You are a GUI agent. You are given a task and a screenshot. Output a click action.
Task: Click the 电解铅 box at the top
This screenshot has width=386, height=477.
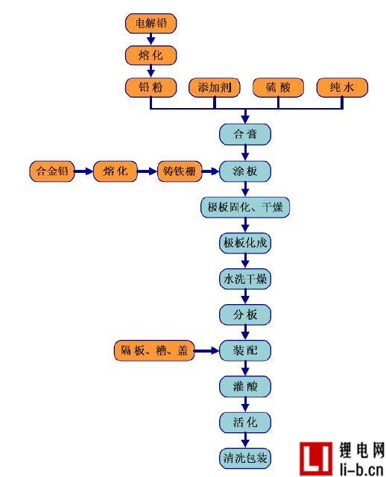pyautogui.click(x=151, y=23)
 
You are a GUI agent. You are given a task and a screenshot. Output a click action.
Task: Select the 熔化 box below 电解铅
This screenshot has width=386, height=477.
pyautogui.click(x=151, y=55)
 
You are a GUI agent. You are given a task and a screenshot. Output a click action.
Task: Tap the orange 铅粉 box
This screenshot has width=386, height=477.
pyautogui.click(x=151, y=88)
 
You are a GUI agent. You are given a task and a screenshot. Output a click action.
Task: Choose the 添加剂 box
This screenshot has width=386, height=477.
pyautogui.click(x=215, y=88)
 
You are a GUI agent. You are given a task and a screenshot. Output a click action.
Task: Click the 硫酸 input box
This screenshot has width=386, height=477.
pyautogui.click(x=278, y=88)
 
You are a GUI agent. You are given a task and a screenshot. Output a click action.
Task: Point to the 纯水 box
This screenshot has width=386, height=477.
pyautogui.click(x=342, y=88)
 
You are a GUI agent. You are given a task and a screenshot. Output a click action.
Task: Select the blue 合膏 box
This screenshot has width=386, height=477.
pyautogui.click(x=245, y=134)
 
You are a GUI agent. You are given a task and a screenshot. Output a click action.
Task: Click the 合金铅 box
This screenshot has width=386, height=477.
pyautogui.click(x=52, y=171)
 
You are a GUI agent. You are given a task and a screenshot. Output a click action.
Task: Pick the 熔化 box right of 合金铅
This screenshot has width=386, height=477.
pyautogui.click(x=116, y=171)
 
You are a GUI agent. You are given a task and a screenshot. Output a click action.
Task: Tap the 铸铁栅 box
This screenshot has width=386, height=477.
pyautogui.click(x=180, y=171)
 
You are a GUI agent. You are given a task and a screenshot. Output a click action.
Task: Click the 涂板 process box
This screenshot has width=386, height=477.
pyautogui.click(x=245, y=171)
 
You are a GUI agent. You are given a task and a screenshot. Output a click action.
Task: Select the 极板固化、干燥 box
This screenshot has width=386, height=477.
pyautogui.click(x=245, y=207)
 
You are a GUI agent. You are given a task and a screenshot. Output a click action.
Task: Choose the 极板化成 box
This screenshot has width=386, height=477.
pyautogui.click(x=245, y=243)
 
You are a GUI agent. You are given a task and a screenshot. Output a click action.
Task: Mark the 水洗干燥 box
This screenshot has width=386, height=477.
pyautogui.click(x=245, y=279)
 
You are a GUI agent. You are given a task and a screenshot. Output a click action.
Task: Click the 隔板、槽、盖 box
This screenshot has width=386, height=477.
pyautogui.click(x=154, y=350)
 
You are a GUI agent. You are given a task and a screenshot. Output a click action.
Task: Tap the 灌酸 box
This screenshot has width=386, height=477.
pyautogui.click(x=245, y=386)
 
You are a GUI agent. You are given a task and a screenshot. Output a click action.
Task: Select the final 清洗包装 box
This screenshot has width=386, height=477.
pyautogui.click(x=245, y=458)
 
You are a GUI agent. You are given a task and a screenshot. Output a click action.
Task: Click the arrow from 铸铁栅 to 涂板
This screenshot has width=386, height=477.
pyautogui.click(x=210, y=171)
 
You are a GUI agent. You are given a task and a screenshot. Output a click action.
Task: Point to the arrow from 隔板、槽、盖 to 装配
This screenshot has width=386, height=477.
pyautogui.click(x=207, y=351)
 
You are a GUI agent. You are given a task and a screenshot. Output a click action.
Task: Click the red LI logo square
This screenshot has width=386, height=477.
pyautogui.click(x=316, y=458)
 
